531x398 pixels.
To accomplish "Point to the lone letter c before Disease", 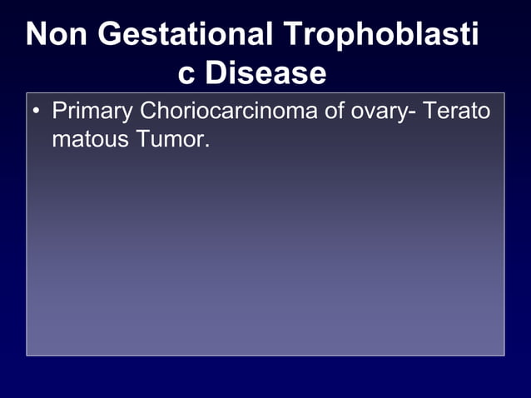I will [x=187, y=73].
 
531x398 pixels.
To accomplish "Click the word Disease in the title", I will [x=265, y=73].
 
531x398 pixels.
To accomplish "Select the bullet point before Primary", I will [x=37, y=111].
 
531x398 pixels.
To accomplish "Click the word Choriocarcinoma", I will [x=229, y=111].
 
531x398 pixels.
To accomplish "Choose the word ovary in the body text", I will [x=378, y=112].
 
